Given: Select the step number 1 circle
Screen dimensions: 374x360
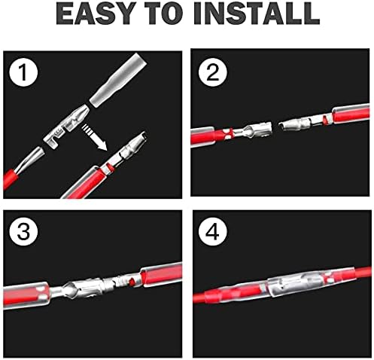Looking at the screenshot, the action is click(23, 72).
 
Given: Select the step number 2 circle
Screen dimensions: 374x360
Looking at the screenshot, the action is click(213, 72).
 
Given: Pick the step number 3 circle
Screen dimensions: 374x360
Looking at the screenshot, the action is click(23, 231).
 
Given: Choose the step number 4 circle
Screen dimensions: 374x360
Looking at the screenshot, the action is click(213, 231).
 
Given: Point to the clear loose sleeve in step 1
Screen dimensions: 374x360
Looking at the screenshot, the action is click(118, 81).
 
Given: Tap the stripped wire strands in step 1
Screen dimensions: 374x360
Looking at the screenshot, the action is click(32, 158).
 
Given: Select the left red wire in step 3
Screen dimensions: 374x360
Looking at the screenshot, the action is click(26, 296).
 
